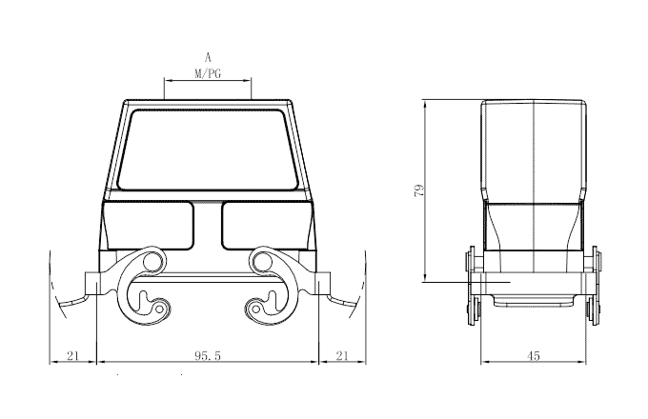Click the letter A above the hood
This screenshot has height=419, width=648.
coord(208,57)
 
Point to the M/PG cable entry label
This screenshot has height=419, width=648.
coord(208,73)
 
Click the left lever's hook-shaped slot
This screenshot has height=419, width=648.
coord(151,304)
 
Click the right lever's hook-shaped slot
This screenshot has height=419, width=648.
coord(265,304)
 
